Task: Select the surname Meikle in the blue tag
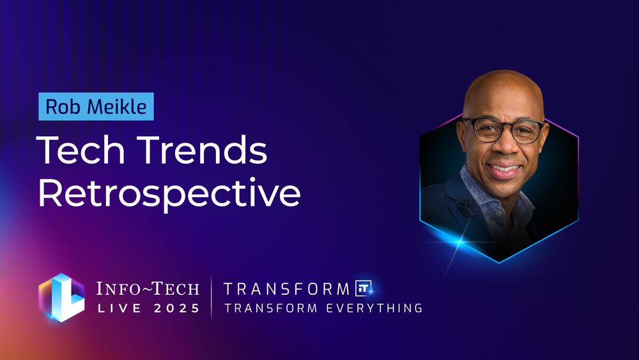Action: [x=116, y=107]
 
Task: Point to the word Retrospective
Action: [x=169, y=194]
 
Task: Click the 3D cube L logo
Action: [x=62, y=297]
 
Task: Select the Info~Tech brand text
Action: [x=148, y=288]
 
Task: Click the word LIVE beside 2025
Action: [x=120, y=308]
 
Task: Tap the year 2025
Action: [x=177, y=308]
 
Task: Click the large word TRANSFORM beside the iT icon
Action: [x=287, y=289]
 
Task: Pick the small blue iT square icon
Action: [x=363, y=288]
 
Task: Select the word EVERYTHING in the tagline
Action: [x=374, y=308]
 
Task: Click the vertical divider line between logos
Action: [x=212, y=297]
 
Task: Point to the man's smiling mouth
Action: [x=505, y=170]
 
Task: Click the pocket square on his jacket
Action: [x=467, y=208]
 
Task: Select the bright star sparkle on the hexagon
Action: [x=460, y=242]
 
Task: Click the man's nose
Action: [x=505, y=147]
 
